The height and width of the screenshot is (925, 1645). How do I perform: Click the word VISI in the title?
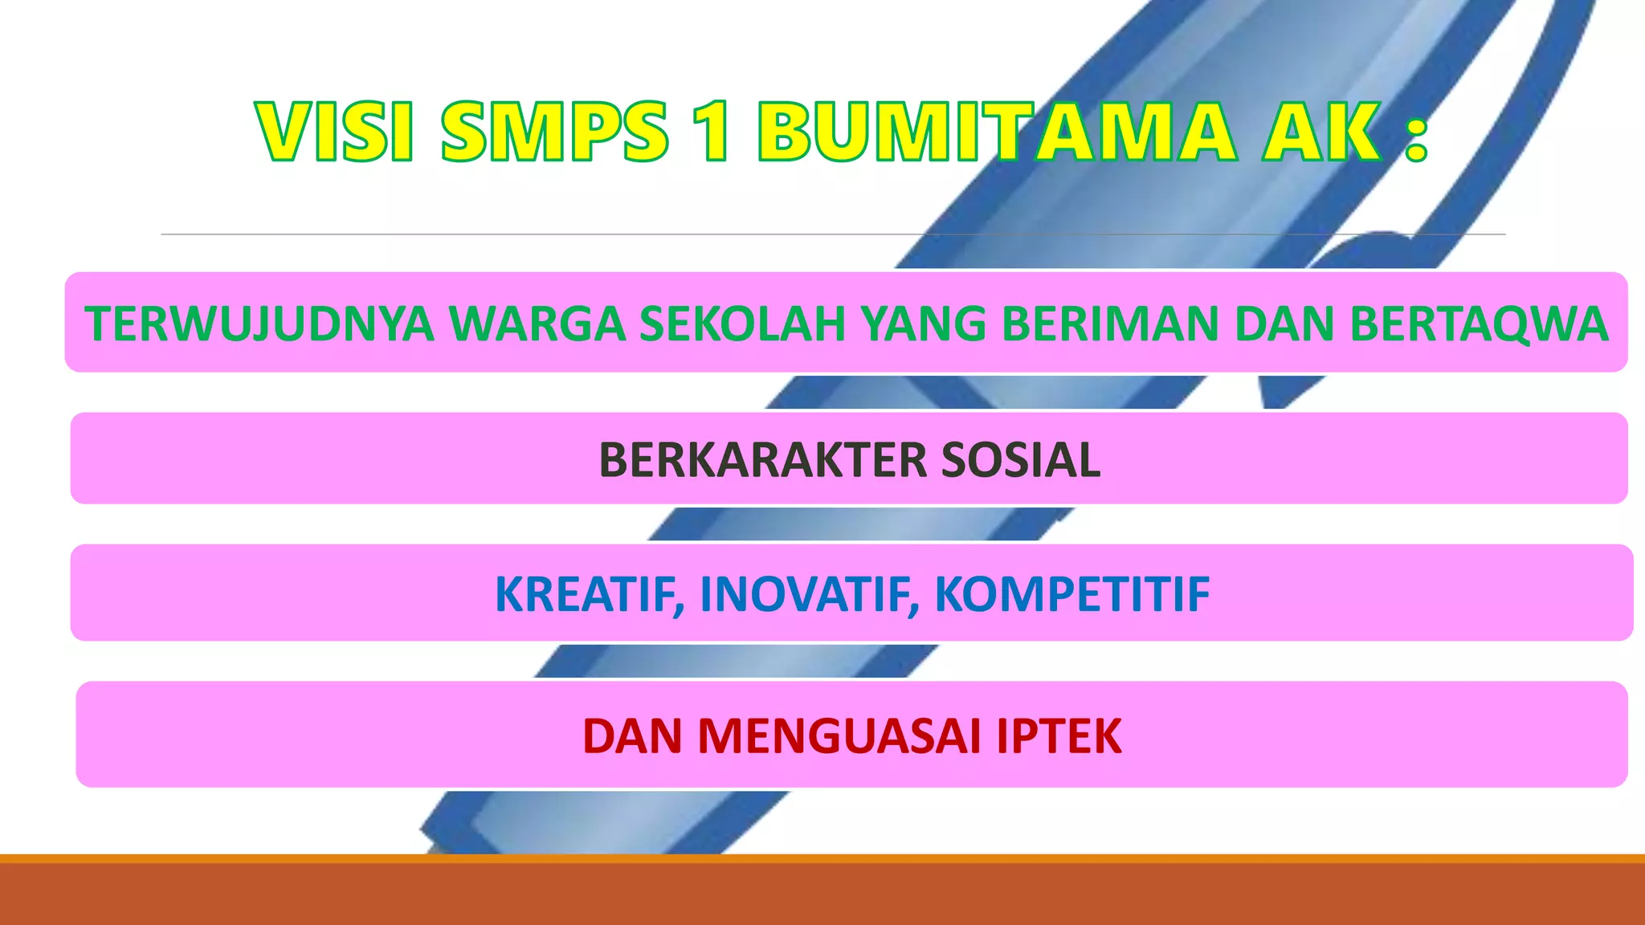pyautogui.click(x=335, y=132)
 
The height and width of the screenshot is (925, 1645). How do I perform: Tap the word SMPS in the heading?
pyautogui.click(x=554, y=132)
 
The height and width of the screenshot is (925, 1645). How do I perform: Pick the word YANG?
pyautogui.click(x=923, y=324)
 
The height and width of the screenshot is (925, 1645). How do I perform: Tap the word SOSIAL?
pyautogui.click(x=1020, y=460)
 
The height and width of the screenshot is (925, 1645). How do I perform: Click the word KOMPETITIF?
pyautogui.click(x=1072, y=595)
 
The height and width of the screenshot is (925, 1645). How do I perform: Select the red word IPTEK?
pyautogui.click(x=1059, y=736)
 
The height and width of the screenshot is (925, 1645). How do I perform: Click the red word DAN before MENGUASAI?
pyautogui.click(x=632, y=736)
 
